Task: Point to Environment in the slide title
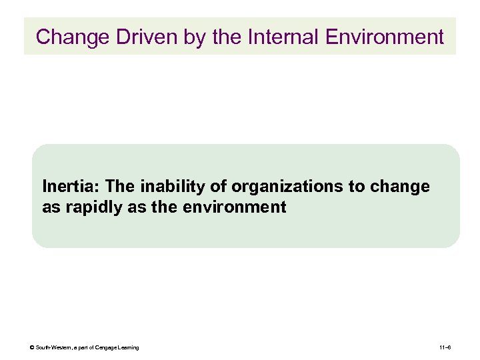[385, 37]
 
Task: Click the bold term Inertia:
[66, 186]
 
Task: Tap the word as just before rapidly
[51, 207]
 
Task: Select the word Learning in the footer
[128, 347]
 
